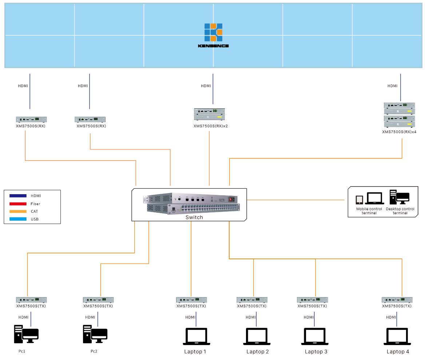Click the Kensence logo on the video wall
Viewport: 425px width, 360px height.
pyautogui.click(x=213, y=35)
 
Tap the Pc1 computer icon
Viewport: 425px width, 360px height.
pyautogui.click(x=26, y=334)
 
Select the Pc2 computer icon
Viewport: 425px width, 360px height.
pyautogui.click(x=95, y=334)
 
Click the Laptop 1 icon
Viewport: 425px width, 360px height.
pyautogui.click(x=196, y=336)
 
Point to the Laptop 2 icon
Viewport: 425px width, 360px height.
pyautogui.click(x=257, y=336)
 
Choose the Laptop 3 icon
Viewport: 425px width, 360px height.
pyautogui.click(x=315, y=336)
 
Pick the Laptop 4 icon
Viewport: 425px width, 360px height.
pyautogui.click(x=397, y=336)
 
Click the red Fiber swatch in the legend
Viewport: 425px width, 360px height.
pyautogui.click(x=18, y=204)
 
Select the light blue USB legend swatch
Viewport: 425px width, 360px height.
pyautogui.click(x=18, y=219)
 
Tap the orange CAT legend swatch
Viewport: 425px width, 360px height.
pyautogui.click(x=18, y=211)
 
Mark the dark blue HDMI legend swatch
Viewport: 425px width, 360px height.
pyautogui.click(x=18, y=196)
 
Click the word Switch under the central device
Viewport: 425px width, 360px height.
pyautogui.click(x=194, y=217)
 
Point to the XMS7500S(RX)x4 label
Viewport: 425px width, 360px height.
pyautogui.click(x=399, y=132)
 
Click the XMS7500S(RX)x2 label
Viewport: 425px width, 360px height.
pyautogui.click(x=210, y=126)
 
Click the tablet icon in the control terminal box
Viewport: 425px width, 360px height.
pyautogui.click(x=360, y=199)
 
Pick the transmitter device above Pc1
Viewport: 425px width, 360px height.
pyautogui.click(x=31, y=300)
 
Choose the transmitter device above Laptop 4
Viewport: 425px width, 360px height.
pyautogui.click(x=397, y=300)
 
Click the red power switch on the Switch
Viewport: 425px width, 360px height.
pyautogui.click(x=230, y=199)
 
